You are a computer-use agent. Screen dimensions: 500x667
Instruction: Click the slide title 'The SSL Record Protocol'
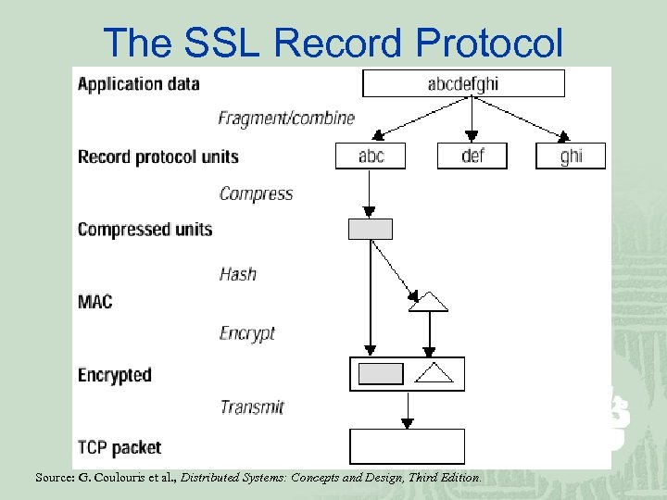click(333, 42)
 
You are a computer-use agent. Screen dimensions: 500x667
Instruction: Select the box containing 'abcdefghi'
click(463, 83)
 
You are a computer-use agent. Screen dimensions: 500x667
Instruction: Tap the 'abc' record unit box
click(371, 156)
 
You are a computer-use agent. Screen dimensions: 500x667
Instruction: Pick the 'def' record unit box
click(472, 156)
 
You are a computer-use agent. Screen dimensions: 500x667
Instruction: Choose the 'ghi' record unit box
click(571, 156)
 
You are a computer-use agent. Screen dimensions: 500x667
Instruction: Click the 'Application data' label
click(138, 83)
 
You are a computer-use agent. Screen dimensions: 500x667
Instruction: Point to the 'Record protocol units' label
click(157, 156)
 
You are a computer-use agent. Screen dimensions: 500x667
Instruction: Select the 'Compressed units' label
click(145, 229)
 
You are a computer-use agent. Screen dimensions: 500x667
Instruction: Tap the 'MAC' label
click(94, 302)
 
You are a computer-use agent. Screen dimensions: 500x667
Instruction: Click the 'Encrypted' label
click(114, 375)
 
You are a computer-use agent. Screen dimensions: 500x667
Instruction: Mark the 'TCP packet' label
click(119, 448)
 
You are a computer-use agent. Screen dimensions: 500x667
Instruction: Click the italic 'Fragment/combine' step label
click(286, 118)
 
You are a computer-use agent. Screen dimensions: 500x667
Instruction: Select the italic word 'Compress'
click(256, 194)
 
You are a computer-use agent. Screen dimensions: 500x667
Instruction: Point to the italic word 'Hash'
click(238, 274)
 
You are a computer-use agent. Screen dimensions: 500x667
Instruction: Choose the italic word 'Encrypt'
click(247, 333)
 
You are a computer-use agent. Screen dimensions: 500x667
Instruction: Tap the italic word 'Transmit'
click(252, 406)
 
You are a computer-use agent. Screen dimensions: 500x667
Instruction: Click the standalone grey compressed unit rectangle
click(370, 229)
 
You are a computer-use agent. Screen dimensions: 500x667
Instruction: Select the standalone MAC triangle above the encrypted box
click(428, 301)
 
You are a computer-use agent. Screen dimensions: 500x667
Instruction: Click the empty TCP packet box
click(407, 446)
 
